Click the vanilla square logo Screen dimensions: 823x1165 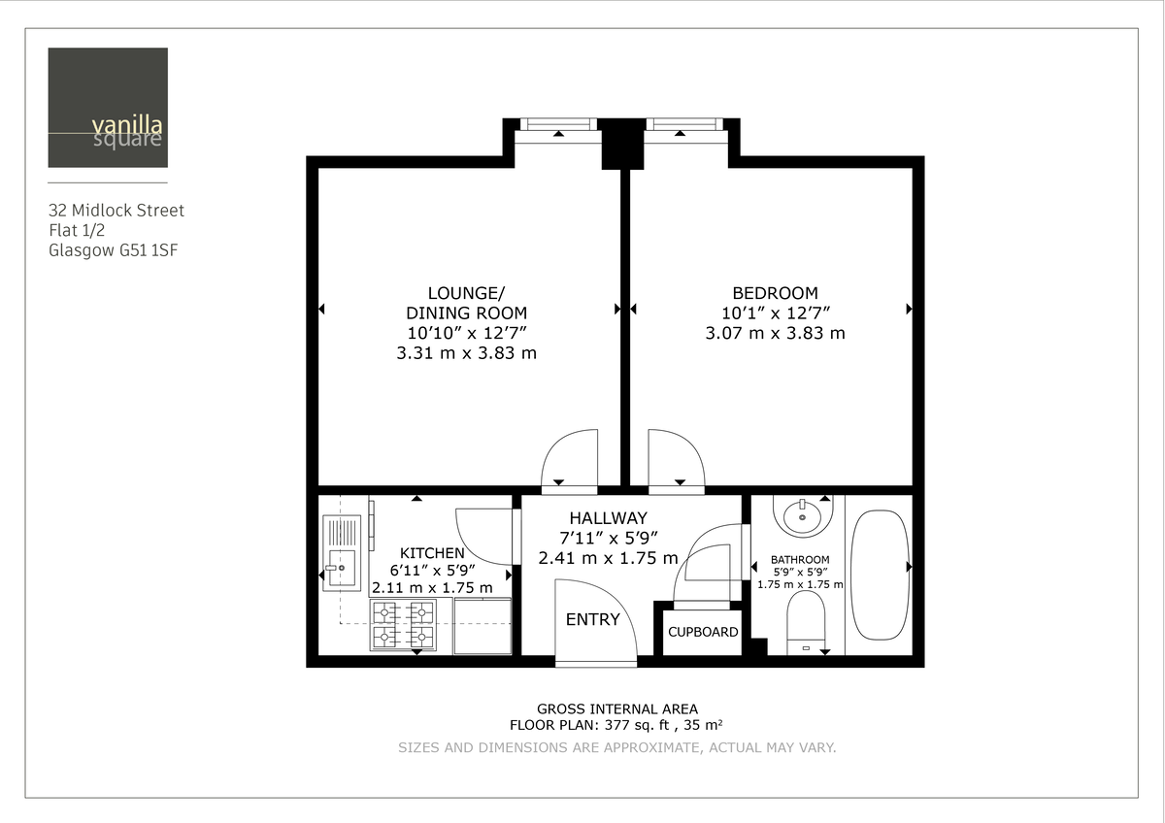click(x=108, y=108)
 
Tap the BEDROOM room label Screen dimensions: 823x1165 click(x=775, y=292)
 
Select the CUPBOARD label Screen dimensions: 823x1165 click(x=703, y=632)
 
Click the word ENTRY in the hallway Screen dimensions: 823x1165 click(x=592, y=619)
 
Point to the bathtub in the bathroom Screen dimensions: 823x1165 click(x=880, y=575)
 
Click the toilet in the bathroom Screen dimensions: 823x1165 click(x=805, y=622)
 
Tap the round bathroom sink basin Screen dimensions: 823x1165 click(x=804, y=515)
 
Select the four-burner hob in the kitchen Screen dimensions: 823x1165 click(x=402, y=624)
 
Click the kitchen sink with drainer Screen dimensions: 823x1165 click(x=341, y=554)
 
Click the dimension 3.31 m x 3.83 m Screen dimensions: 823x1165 click(x=466, y=353)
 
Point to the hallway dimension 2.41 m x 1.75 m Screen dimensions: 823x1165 click(x=608, y=558)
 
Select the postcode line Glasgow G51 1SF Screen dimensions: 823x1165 click(x=113, y=250)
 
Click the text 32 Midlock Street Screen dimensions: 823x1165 click(x=116, y=210)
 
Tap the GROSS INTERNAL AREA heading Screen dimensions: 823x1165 click(x=617, y=708)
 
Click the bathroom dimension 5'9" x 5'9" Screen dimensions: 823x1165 click(x=800, y=572)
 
